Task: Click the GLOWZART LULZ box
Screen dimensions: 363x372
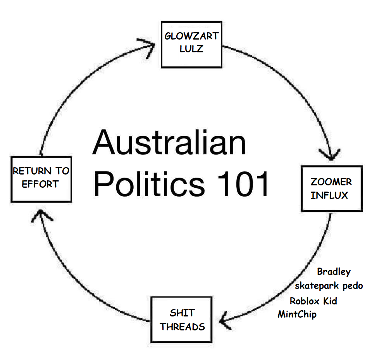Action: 191,44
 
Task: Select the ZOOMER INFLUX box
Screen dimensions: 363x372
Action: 331,188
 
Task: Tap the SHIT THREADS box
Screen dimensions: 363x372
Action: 181,320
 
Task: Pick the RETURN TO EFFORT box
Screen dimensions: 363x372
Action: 41,179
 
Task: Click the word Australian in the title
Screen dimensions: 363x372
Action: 169,142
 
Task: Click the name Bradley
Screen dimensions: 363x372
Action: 334,272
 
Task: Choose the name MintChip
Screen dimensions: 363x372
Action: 297,314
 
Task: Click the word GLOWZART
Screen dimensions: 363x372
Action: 191,36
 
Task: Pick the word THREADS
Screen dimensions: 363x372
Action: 182,327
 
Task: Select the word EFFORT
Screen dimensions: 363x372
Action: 40,185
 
